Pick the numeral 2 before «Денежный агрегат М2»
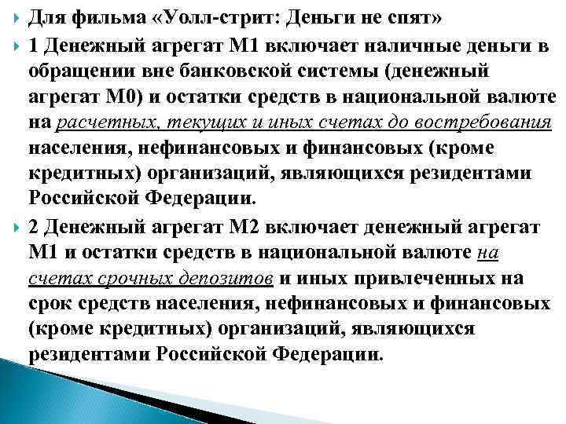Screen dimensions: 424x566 32,228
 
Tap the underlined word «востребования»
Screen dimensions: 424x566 494,122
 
